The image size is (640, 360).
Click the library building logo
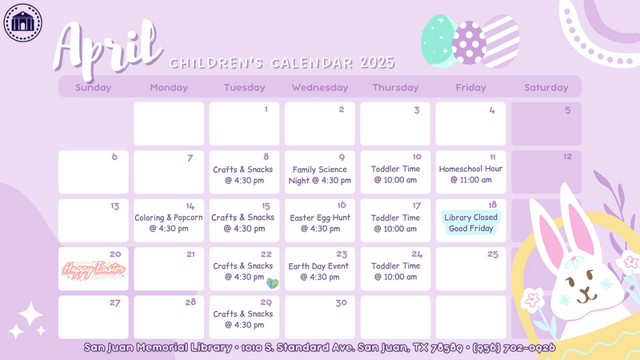[23, 22]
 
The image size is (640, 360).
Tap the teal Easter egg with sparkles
[438, 41]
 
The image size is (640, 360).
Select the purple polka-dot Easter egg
[470, 43]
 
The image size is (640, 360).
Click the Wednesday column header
[319, 87]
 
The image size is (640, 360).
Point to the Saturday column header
[546, 87]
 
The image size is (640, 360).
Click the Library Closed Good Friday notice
[470, 222]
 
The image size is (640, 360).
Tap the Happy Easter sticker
[94, 270]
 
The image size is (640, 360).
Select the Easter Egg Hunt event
[320, 223]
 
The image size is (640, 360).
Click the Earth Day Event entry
[318, 271]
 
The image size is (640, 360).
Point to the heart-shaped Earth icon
[272, 283]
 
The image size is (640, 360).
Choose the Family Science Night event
[319, 174]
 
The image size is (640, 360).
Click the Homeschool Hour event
[470, 174]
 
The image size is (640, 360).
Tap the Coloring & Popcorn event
[169, 223]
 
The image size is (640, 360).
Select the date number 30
[342, 303]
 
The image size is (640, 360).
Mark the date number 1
[266, 110]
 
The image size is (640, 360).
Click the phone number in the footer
[514, 348]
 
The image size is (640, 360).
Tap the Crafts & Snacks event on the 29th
[243, 319]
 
